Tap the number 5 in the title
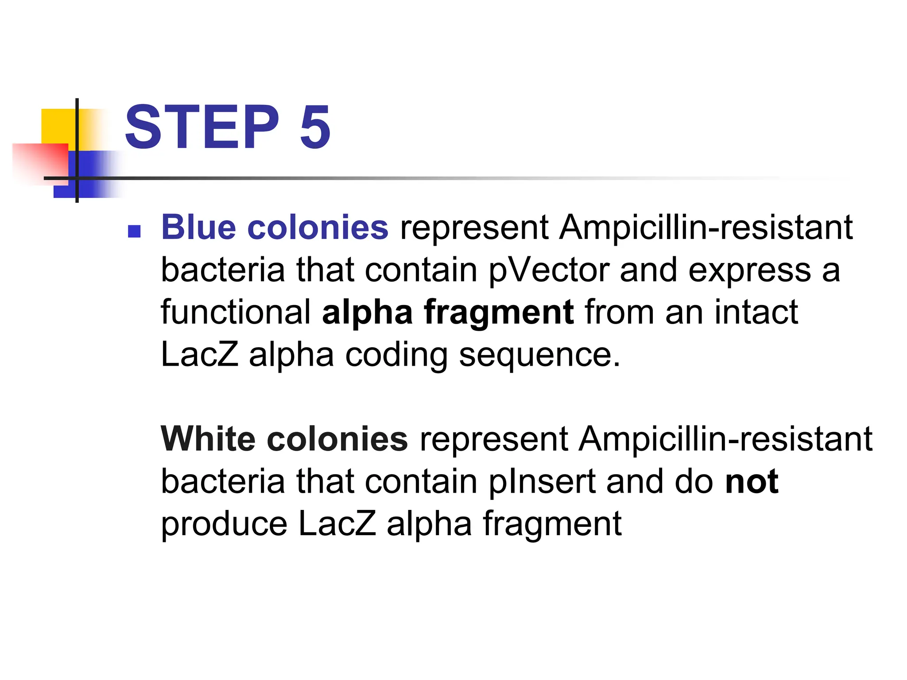point(315,127)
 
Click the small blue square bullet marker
point(134,231)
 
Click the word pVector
point(549,270)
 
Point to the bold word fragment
point(499,313)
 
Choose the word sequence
point(539,355)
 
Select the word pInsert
point(542,482)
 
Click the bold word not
point(752,482)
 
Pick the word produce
point(224,524)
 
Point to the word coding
point(396,355)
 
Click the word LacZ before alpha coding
point(199,355)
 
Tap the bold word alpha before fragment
point(367,313)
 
